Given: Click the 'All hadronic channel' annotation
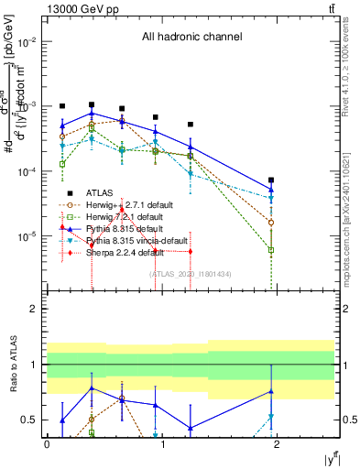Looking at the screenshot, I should [x=191, y=38].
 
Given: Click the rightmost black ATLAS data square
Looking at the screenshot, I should [x=271, y=180].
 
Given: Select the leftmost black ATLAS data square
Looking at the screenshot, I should [x=62, y=106].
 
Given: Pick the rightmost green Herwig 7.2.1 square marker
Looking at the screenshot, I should [x=271, y=249].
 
